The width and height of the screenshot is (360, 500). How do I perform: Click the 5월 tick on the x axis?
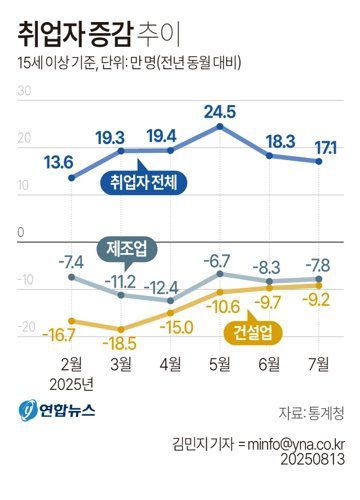click(219, 362)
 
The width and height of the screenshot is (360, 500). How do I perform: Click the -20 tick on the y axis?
click(25, 326)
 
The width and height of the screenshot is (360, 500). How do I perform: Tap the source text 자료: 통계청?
click(313, 412)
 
